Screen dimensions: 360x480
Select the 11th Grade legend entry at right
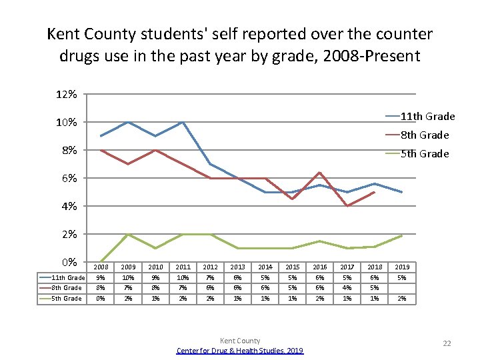pos(428,117)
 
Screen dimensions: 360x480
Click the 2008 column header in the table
pos(100,267)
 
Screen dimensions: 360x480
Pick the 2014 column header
pos(265,267)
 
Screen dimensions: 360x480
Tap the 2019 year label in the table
pos(402,267)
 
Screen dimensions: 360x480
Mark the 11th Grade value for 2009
pos(127,277)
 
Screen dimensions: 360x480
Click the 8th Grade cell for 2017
pos(347,287)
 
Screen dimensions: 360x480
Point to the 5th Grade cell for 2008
pos(100,298)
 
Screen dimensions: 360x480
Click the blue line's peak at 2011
pos(183,122)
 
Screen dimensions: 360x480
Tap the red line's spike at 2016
pos(320,173)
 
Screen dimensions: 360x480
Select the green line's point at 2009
pos(127,235)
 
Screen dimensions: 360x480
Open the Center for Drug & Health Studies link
pos(240,351)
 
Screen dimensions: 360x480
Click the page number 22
pos(447,343)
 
